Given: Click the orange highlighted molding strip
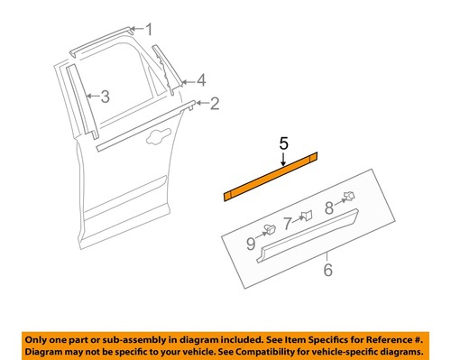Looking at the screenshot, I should coord(271,180).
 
